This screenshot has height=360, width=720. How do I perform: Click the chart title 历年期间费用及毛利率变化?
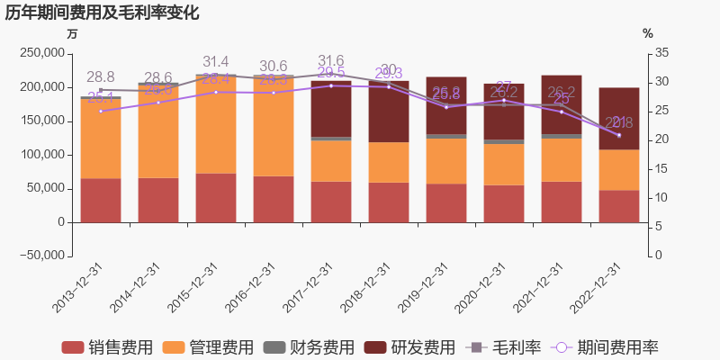[x=102, y=13]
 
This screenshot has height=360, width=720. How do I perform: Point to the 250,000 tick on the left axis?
[x=40, y=53]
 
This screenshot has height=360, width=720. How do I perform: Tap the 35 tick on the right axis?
[x=662, y=53]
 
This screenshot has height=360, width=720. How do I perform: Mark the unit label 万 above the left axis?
[x=72, y=33]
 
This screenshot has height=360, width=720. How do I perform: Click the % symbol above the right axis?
[x=648, y=33]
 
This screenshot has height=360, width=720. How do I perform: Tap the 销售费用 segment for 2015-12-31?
[x=215, y=197]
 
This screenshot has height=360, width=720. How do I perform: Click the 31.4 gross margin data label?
[x=216, y=62]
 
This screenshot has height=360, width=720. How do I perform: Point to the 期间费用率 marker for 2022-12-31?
[x=618, y=135]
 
